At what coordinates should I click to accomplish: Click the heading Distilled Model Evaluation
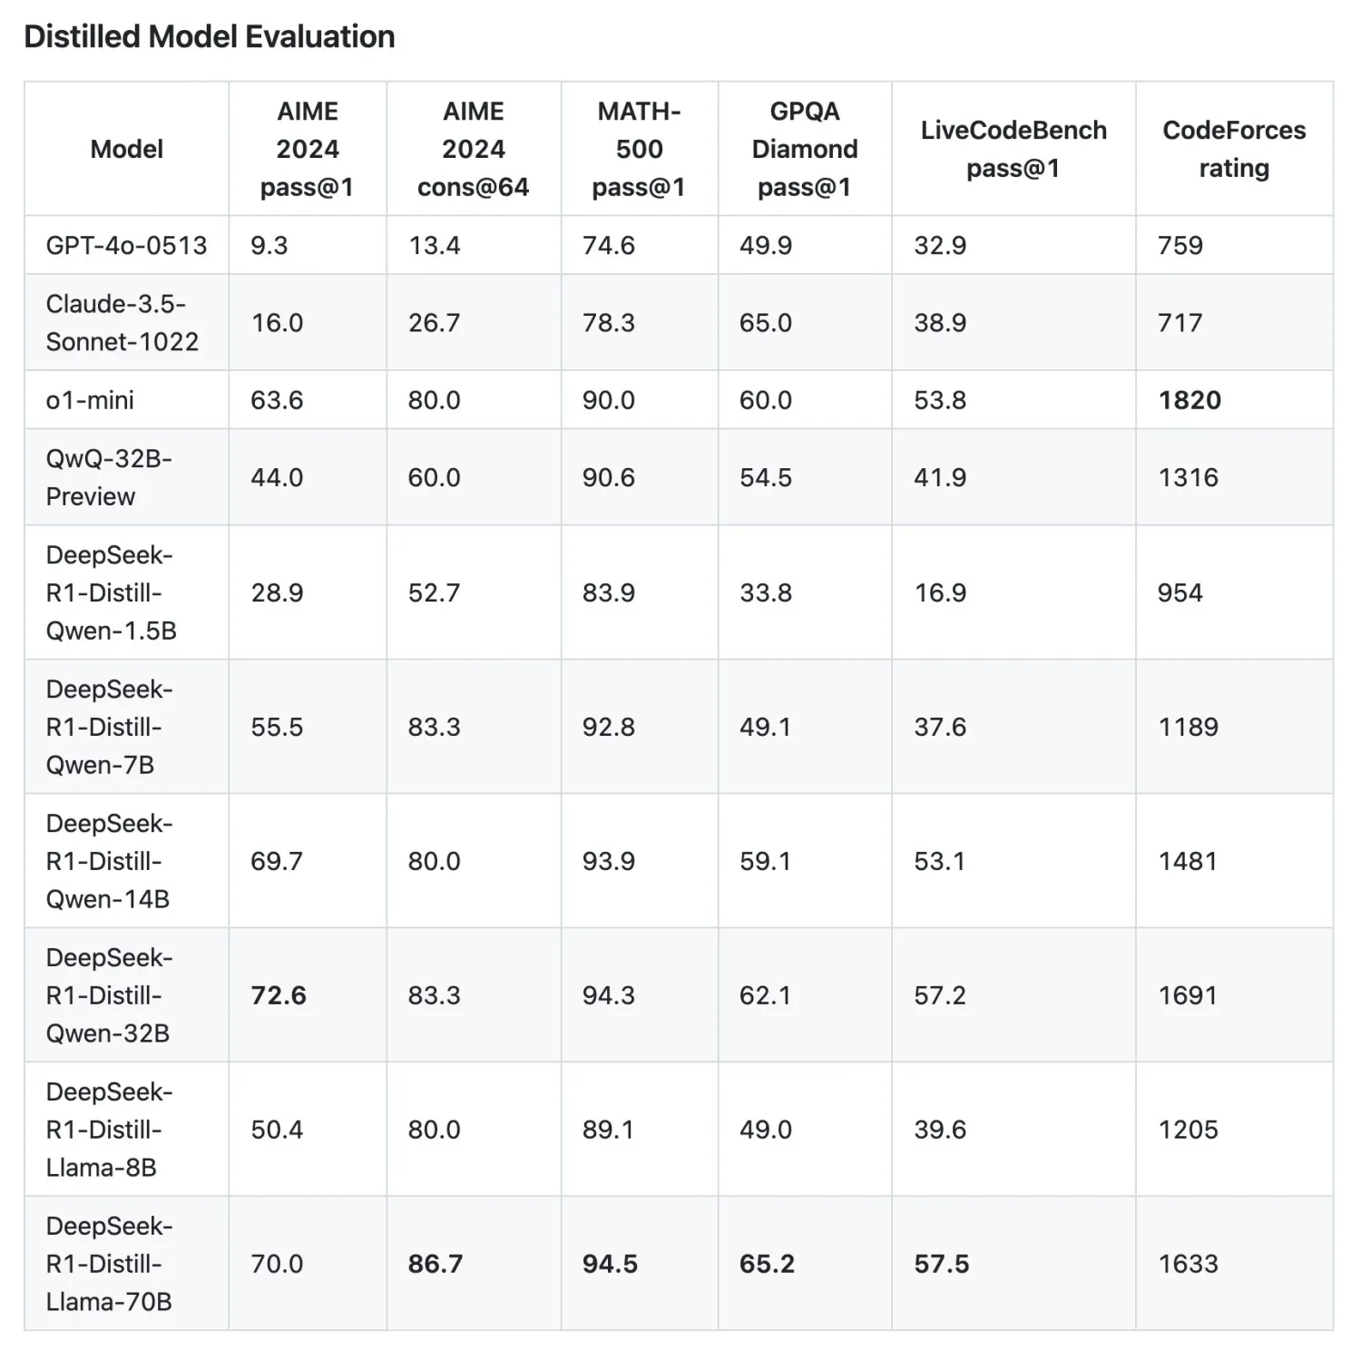tap(210, 36)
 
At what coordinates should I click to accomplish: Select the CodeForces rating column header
tap(1234, 149)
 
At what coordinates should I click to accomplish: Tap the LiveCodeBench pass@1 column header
tap(1013, 149)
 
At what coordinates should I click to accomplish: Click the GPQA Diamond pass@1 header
tap(805, 149)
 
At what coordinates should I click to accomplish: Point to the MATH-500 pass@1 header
tap(639, 149)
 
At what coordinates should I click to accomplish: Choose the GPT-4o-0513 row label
tap(126, 245)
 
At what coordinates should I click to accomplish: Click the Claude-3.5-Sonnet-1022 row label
tap(122, 322)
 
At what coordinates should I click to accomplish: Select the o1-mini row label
tap(90, 400)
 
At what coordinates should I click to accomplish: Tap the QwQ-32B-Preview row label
tap(108, 477)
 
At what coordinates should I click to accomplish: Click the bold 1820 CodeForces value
tap(1190, 400)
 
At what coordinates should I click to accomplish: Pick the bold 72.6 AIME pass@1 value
tap(279, 995)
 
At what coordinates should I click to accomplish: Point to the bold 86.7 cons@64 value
tap(436, 1264)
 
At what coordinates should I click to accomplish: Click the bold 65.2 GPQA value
tap(767, 1264)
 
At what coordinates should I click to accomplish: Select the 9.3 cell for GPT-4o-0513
tap(269, 245)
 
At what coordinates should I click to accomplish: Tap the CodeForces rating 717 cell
tap(1180, 322)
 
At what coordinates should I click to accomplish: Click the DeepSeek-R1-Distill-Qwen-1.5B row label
tap(111, 592)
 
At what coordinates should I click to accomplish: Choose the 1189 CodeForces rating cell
tap(1188, 727)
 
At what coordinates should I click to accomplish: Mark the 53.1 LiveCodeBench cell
tap(939, 861)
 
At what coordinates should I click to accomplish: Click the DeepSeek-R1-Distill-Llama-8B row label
tap(109, 1130)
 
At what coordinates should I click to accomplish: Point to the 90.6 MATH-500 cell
tap(608, 477)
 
